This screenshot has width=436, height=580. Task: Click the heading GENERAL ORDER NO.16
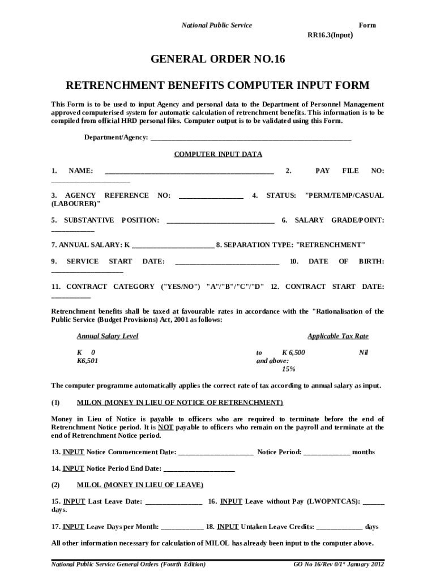point(217,59)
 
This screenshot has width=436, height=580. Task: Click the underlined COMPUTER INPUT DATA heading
point(217,154)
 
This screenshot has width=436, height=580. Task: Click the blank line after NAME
point(189,171)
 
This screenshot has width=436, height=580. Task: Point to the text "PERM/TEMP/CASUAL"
point(344,195)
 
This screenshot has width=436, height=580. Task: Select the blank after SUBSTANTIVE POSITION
point(220,220)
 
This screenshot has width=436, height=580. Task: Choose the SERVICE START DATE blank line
point(227,262)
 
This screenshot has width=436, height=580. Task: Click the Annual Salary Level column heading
point(108,336)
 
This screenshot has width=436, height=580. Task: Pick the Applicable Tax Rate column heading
point(337,336)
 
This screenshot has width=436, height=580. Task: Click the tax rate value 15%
point(288,369)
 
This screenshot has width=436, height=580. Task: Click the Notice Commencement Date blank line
point(216,453)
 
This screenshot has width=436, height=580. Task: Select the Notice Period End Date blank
point(199,469)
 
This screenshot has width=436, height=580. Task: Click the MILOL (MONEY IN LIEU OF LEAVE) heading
point(140,485)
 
